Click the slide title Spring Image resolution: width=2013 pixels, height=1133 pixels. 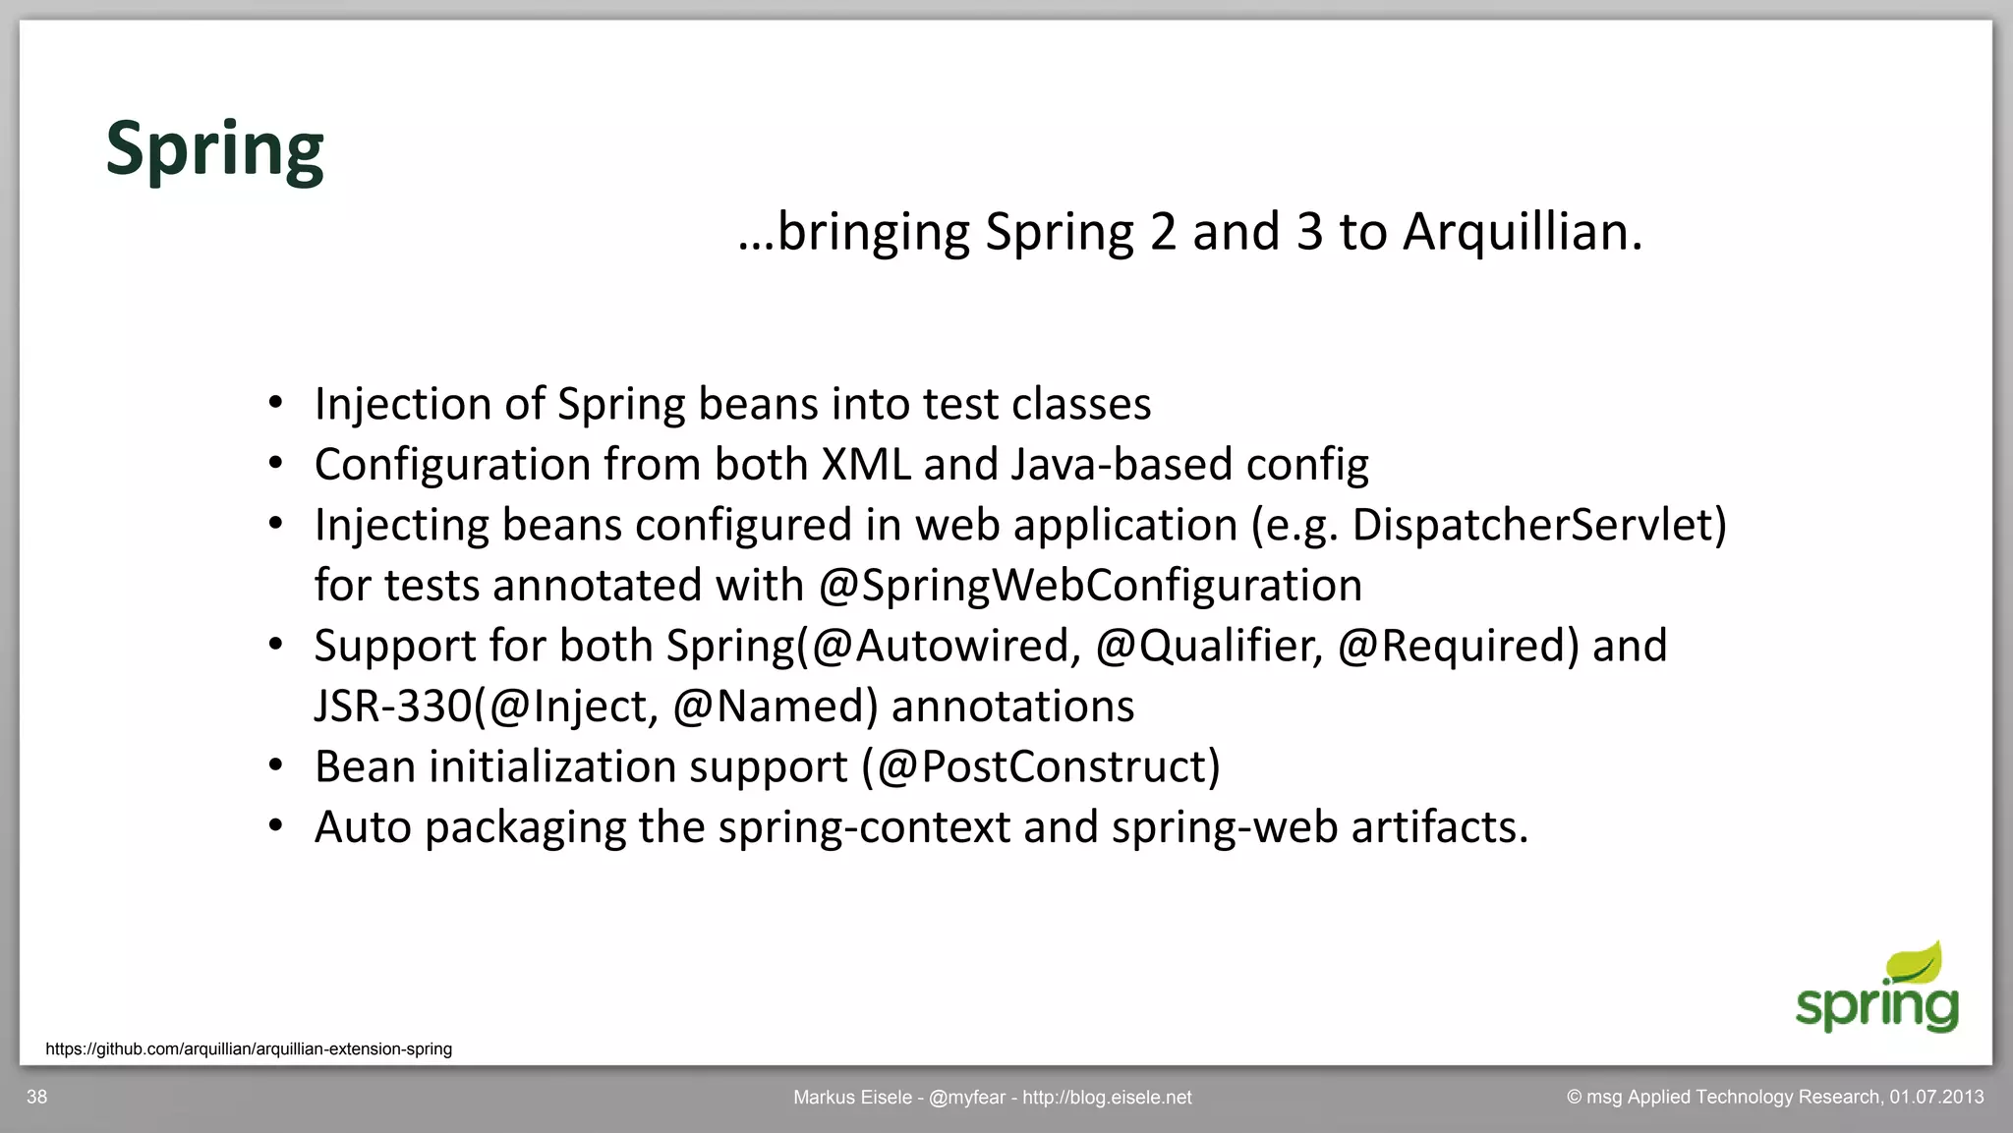click(x=214, y=149)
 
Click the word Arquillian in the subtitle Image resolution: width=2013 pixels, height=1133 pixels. click(x=1522, y=232)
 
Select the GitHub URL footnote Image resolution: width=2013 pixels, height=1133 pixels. click(x=249, y=1048)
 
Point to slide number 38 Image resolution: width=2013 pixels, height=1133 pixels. click(x=36, y=1097)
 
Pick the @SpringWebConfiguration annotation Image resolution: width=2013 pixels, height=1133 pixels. click(x=1090, y=586)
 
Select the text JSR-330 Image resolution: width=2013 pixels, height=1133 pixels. click(x=393, y=707)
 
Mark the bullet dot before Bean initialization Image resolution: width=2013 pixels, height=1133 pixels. click(x=276, y=765)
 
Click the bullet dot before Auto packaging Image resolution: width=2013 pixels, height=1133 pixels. click(x=276, y=826)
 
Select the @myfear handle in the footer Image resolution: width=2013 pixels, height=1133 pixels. click(x=966, y=1097)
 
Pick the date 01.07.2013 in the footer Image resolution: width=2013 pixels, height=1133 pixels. click(x=1935, y=1097)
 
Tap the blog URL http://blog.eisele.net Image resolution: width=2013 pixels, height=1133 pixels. click(x=1107, y=1097)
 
